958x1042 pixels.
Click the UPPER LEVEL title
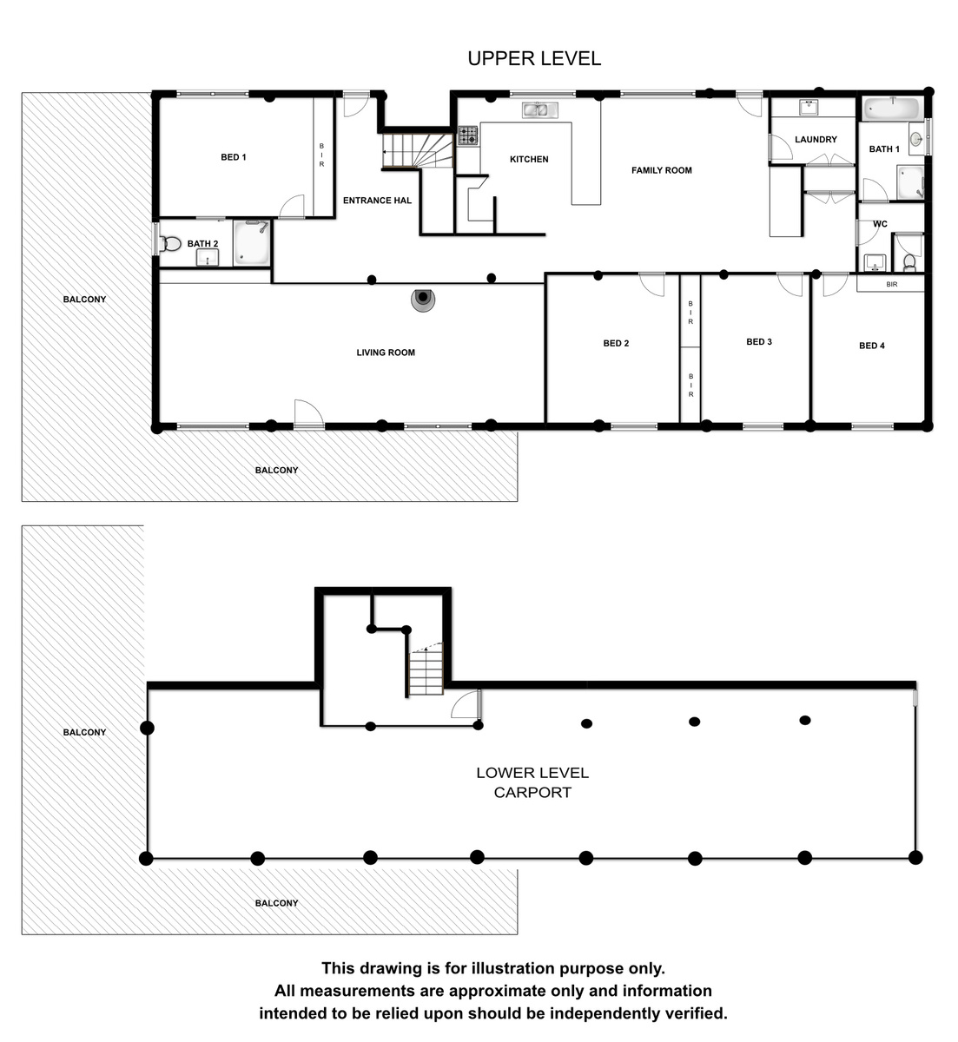point(534,59)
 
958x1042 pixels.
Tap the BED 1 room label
point(234,157)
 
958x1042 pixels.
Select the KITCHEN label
point(529,159)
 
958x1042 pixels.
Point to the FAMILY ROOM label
point(661,170)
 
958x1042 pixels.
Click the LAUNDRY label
point(816,139)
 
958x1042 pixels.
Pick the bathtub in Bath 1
point(891,109)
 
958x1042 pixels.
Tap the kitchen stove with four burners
point(467,135)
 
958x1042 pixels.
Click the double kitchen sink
point(539,109)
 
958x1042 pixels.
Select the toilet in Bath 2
point(170,243)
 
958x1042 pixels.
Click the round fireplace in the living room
point(423,299)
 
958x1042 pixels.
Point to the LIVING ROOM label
point(385,353)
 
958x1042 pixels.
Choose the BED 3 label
point(759,341)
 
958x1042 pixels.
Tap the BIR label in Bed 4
point(891,284)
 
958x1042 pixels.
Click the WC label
point(880,224)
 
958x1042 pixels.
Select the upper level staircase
point(418,150)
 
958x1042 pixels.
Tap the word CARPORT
point(532,792)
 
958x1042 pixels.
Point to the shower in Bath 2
point(252,243)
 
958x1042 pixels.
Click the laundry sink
point(809,107)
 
